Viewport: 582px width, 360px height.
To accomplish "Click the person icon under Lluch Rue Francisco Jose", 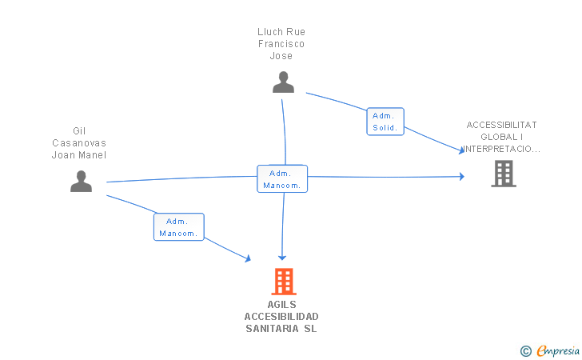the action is [283, 82].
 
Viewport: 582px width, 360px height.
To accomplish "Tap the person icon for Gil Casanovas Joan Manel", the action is [81, 181].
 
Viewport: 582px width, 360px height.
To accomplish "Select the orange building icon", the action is [284, 282].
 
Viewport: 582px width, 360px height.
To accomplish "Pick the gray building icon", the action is [504, 174].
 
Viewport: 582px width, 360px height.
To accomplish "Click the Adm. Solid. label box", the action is [385, 122].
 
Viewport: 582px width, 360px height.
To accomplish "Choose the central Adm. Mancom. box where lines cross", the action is [282, 178].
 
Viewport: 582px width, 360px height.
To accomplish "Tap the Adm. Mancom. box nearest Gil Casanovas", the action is [179, 227].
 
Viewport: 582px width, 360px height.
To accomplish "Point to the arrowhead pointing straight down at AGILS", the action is [282, 258].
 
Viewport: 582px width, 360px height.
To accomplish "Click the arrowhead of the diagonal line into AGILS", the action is [249, 258].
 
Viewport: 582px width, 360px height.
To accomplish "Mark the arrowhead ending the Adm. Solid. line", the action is [462, 150].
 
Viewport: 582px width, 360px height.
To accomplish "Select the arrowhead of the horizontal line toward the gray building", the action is [462, 177].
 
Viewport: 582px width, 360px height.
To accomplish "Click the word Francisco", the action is [281, 44].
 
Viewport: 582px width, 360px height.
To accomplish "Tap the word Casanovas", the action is [79, 143].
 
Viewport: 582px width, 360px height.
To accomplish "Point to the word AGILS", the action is [281, 305].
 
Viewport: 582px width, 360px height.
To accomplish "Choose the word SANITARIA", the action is [272, 329].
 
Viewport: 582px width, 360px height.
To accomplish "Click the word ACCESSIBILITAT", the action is [501, 125].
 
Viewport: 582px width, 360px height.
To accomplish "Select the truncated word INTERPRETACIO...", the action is [500, 149].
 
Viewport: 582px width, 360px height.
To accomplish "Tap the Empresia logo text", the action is [558, 350].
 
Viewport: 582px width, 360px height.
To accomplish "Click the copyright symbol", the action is [526, 351].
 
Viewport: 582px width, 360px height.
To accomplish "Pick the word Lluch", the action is [270, 32].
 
